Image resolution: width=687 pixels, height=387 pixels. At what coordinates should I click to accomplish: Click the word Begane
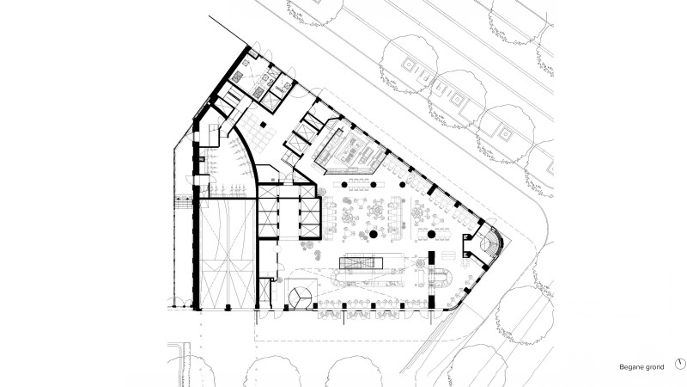click(631, 367)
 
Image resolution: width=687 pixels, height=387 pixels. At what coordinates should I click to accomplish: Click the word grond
click(654, 367)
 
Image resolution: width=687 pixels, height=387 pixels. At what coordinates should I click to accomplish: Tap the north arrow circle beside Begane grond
click(680, 364)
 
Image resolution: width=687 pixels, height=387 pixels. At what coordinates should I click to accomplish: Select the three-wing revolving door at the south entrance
click(300, 298)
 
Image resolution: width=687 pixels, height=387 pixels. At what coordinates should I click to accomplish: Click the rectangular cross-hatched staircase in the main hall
click(361, 263)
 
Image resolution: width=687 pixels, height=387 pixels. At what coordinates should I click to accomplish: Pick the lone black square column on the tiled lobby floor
click(263, 125)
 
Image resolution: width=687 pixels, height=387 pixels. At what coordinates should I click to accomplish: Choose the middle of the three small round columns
click(374, 185)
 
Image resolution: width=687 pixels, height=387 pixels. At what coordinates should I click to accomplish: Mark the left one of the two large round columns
click(374, 235)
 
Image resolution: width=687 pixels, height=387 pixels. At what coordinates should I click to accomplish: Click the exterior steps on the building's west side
click(183, 203)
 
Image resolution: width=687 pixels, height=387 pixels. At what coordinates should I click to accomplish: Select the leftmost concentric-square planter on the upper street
click(409, 65)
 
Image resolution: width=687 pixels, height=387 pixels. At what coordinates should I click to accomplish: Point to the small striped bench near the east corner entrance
click(448, 255)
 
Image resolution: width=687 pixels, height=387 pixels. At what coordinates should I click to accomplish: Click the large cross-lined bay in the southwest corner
click(228, 255)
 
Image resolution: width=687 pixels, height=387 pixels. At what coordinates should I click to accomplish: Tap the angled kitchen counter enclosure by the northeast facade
click(349, 148)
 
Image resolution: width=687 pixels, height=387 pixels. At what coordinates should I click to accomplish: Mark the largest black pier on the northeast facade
click(433, 190)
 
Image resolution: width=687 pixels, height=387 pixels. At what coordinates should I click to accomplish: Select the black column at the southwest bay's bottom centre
click(228, 308)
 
